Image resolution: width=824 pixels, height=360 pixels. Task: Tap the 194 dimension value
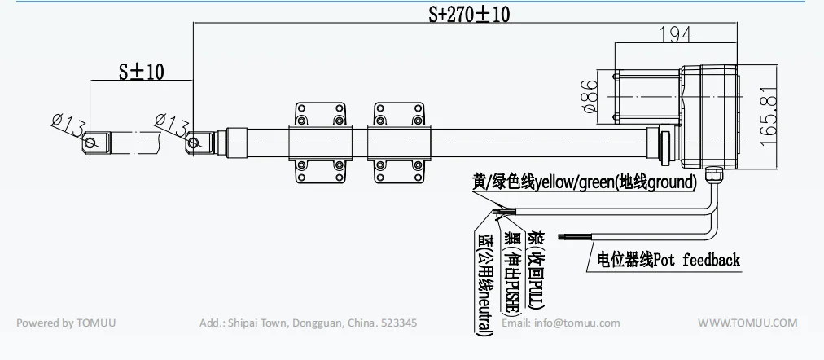675,33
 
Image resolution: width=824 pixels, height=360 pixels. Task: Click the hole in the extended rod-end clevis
90,143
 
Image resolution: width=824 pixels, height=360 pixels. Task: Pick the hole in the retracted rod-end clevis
193,143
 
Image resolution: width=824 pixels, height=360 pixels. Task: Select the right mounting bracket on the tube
398,144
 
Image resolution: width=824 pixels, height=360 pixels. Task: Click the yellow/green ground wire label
584,182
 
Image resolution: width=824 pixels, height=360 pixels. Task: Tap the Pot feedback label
668,260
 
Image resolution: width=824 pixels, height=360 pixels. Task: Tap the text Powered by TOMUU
66,323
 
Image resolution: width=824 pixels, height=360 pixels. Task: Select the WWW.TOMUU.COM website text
747,323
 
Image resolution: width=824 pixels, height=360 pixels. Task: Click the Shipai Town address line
308,323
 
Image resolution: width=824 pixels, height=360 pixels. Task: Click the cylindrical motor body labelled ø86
644,96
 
